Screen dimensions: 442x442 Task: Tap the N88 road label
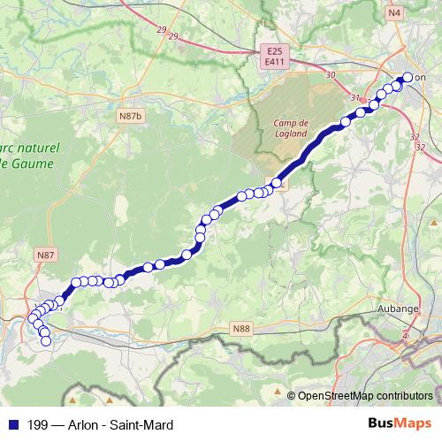(x=241, y=329)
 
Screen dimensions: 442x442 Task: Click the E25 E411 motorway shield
(x=273, y=57)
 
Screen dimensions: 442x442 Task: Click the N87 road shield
(x=46, y=255)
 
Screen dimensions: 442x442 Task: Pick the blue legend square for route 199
(x=13, y=425)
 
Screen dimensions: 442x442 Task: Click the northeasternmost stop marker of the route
(x=408, y=77)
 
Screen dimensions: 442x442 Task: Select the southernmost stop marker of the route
(x=46, y=340)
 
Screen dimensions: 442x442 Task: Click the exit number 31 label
(x=355, y=97)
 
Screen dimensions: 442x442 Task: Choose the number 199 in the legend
(x=37, y=425)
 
